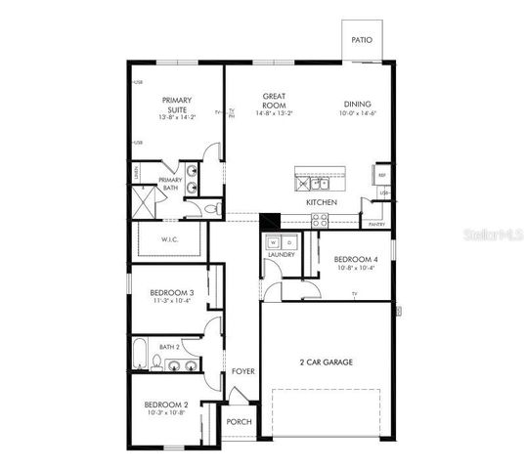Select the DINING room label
point(357,105)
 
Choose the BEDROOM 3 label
point(171,292)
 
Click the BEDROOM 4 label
point(353,259)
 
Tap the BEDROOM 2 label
point(165,405)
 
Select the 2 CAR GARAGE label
point(326,362)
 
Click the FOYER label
point(242,371)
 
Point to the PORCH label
point(239,422)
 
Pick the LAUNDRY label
point(280,257)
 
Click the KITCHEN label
point(322,202)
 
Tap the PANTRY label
point(376,224)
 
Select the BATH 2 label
point(170,346)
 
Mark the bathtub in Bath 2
point(140,358)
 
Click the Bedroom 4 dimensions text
point(353,268)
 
